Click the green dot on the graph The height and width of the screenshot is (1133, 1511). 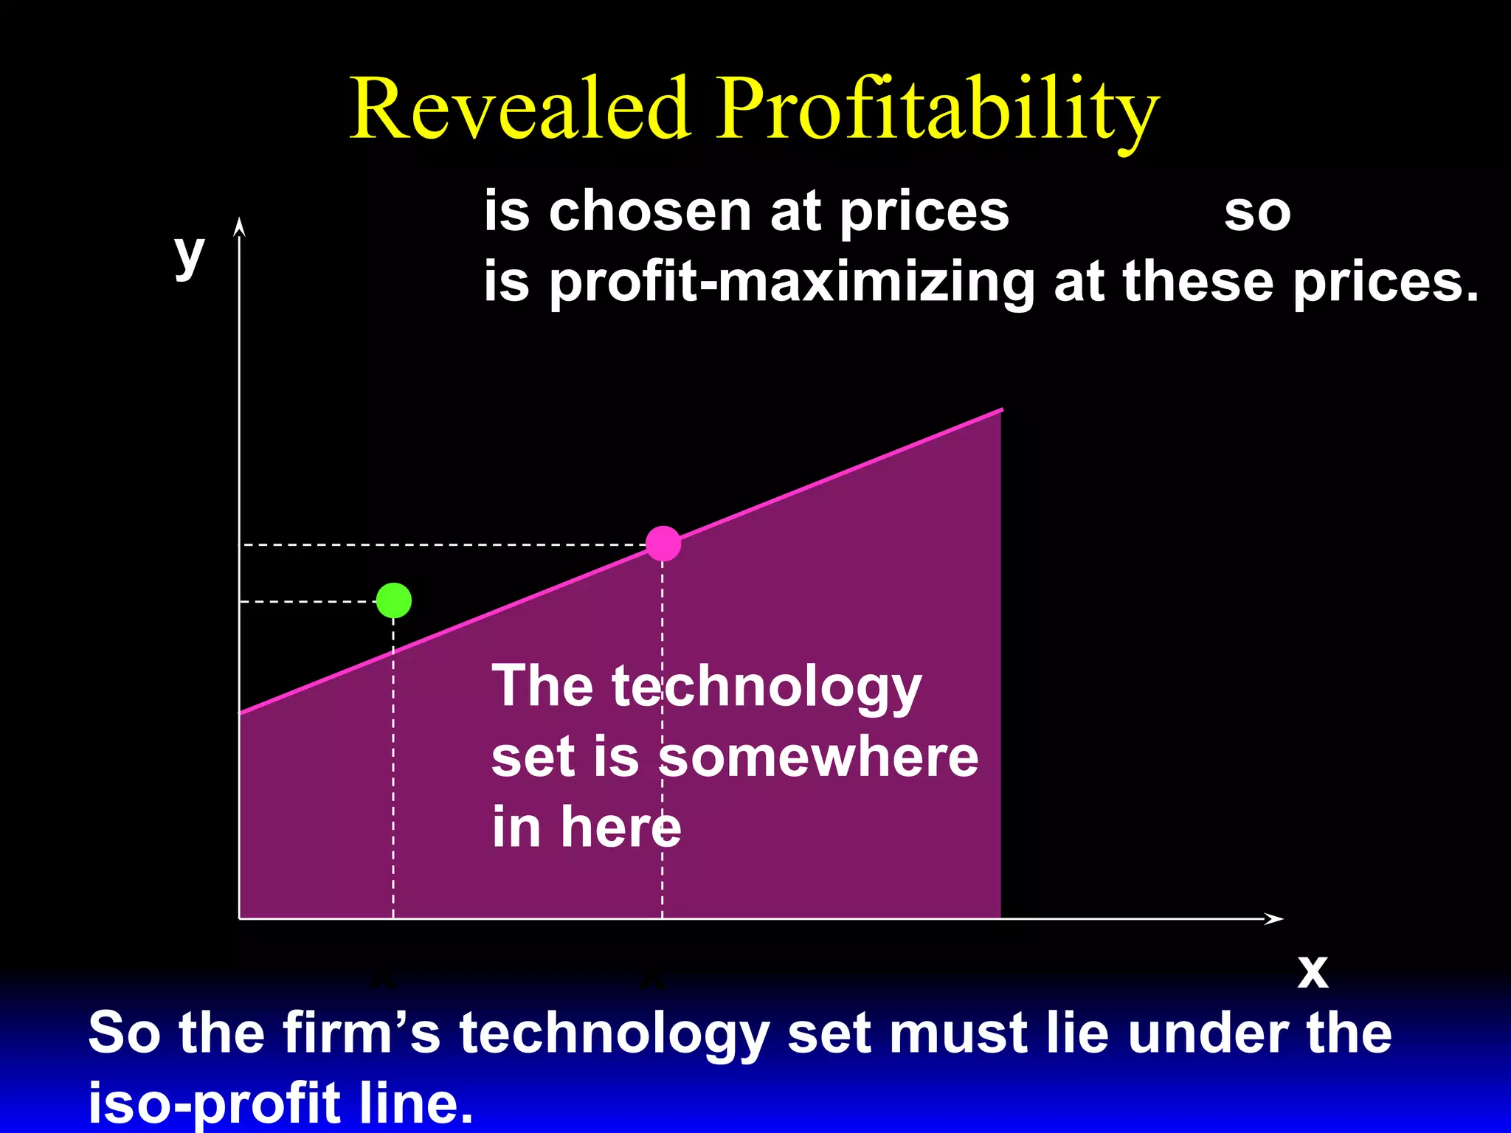394,600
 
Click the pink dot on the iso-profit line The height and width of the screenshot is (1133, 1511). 663,544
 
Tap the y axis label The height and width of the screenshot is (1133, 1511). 189,254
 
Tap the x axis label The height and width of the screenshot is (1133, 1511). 1313,971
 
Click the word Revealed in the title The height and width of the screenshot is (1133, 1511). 520,109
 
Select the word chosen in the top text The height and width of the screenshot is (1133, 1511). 649,212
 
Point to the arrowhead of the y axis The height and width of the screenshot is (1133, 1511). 239,226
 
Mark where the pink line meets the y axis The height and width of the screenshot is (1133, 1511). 241,713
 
